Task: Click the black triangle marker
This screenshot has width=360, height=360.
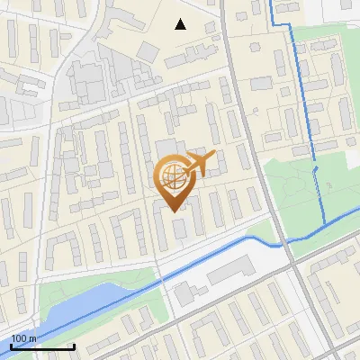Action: tap(181, 24)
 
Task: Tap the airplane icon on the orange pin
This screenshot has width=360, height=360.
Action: tap(200, 164)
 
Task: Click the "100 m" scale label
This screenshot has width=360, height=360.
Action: tap(23, 338)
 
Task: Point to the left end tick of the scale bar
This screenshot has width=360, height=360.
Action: tap(11, 346)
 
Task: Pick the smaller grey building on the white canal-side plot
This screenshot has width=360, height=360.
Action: tap(184, 292)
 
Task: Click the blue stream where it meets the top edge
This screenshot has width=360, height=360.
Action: tap(272, 3)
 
